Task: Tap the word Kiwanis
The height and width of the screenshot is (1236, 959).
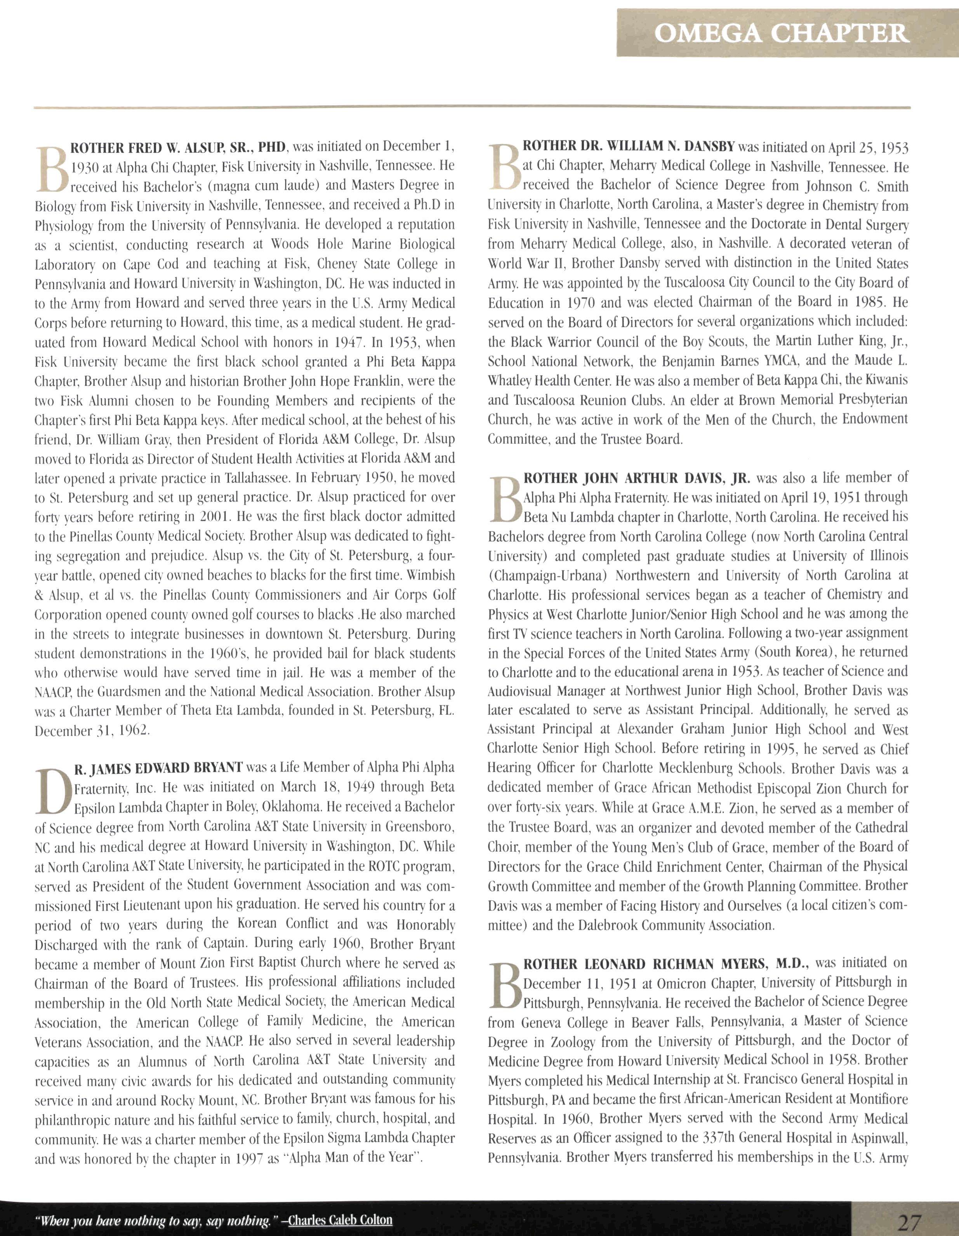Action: click(884, 380)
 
